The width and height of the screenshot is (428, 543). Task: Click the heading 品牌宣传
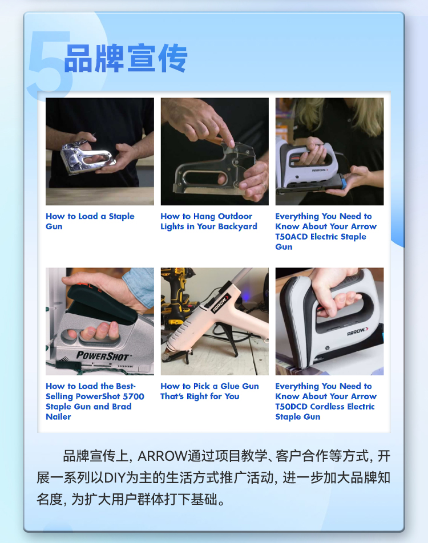pos(126,58)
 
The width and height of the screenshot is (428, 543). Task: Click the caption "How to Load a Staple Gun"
pos(90,221)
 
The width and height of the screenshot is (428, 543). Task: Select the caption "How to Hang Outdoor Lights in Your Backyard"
pos(209,221)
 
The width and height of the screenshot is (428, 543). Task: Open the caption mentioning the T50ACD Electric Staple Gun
pos(326,232)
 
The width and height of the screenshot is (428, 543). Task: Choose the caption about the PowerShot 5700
pos(95,401)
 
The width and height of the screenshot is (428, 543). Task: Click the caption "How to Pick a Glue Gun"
pos(209,391)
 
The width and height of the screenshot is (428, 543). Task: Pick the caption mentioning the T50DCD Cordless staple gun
pos(326,401)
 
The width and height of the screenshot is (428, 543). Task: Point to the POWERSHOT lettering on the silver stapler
pos(103,356)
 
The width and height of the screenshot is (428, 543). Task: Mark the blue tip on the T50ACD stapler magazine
pos(343,181)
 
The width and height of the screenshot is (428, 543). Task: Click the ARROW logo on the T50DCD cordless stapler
pos(358,331)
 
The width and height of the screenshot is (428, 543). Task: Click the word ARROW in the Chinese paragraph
pos(162,456)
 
